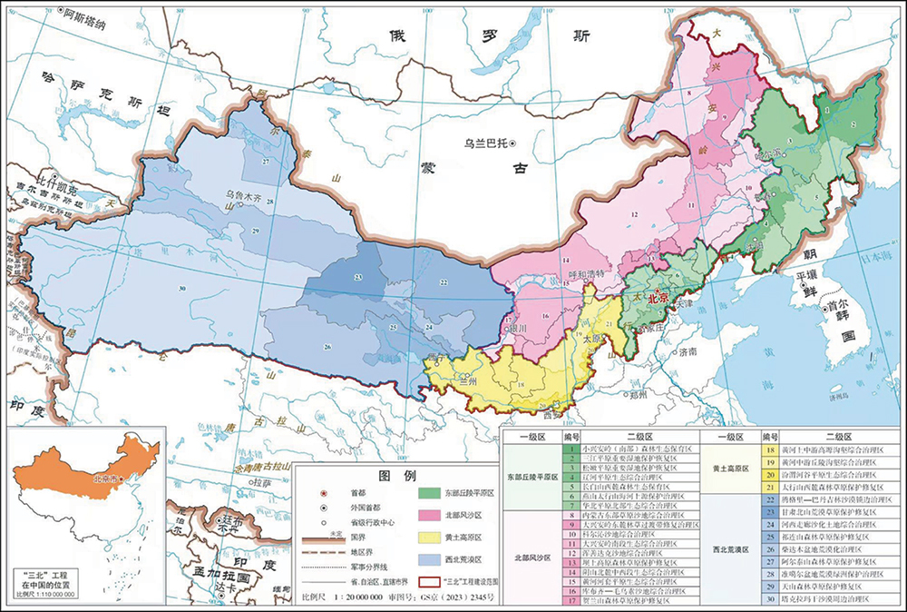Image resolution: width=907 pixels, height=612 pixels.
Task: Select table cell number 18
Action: (x=768, y=450)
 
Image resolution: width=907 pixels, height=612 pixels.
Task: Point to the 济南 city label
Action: (x=693, y=351)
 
